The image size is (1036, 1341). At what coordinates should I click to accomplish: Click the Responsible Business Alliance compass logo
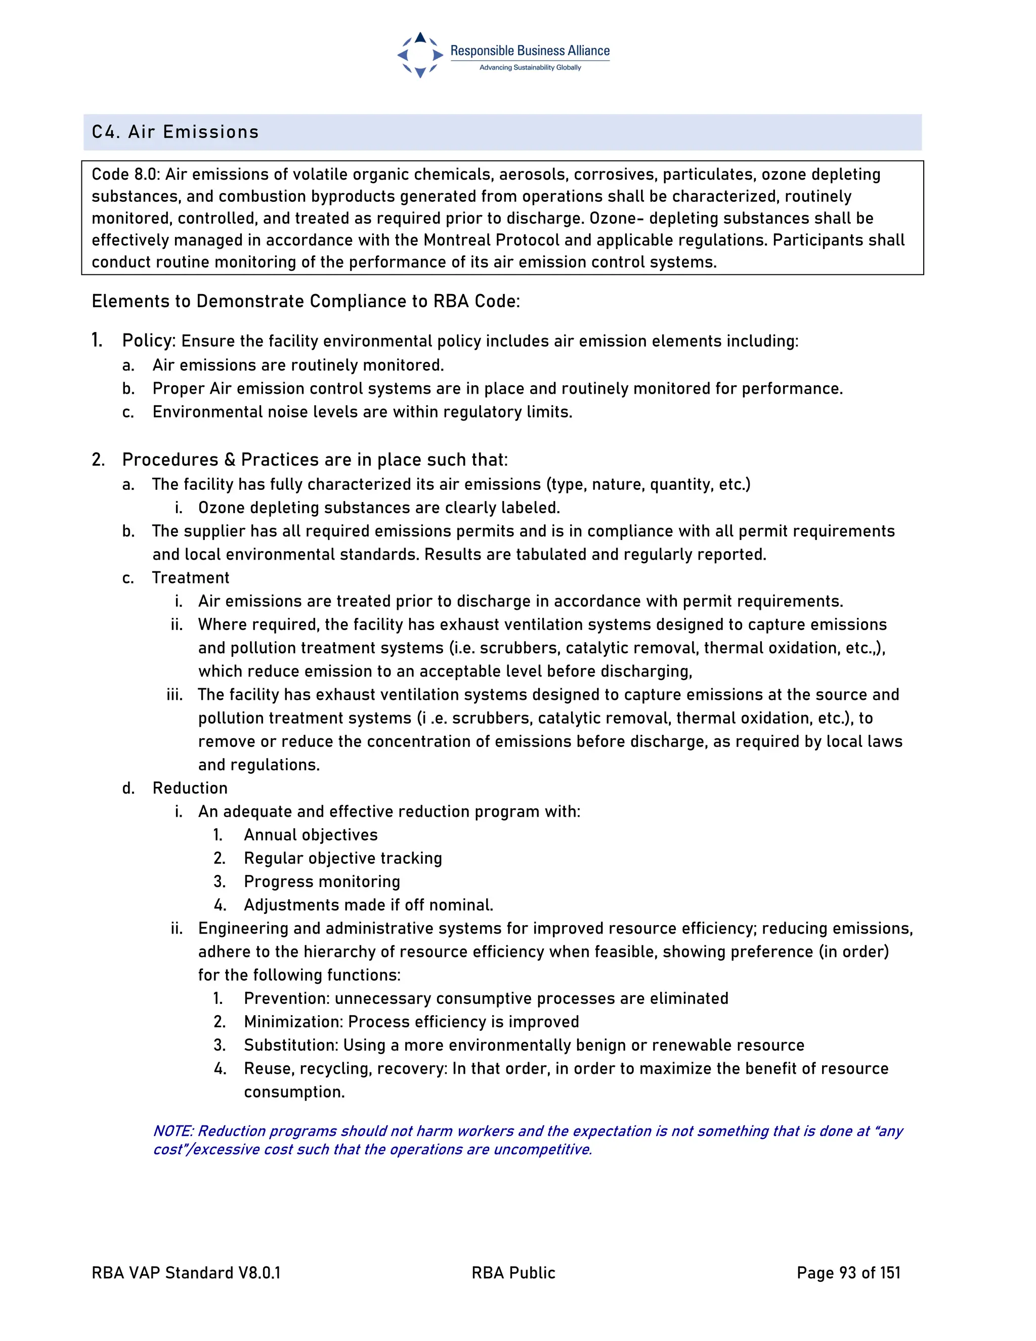[x=420, y=55]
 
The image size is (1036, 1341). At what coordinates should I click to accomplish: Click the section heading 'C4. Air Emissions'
[x=175, y=132]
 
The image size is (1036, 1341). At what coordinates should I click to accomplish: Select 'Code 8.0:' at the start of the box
[x=126, y=175]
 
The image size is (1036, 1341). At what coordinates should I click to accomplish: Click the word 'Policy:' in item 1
[x=149, y=340]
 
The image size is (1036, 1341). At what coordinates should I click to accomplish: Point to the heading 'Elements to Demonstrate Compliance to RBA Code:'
[x=306, y=301]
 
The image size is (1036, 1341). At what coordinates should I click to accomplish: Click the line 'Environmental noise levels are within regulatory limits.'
[x=362, y=411]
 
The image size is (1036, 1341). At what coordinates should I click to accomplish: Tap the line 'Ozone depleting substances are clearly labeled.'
[x=379, y=508]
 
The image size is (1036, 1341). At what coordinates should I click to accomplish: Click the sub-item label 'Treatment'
[x=190, y=578]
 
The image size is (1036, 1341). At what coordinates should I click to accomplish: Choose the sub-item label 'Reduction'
[x=190, y=788]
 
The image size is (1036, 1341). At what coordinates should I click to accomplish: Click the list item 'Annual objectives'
[x=311, y=834]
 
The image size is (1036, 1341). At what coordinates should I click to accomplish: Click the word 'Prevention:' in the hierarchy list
[x=287, y=998]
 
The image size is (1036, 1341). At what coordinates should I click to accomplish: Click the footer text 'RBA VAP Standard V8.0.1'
[x=186, y=1272]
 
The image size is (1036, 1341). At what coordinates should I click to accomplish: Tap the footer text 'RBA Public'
[x=513, y=1272]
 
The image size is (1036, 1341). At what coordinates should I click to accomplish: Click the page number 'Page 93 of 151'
[x=848, y=1272]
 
